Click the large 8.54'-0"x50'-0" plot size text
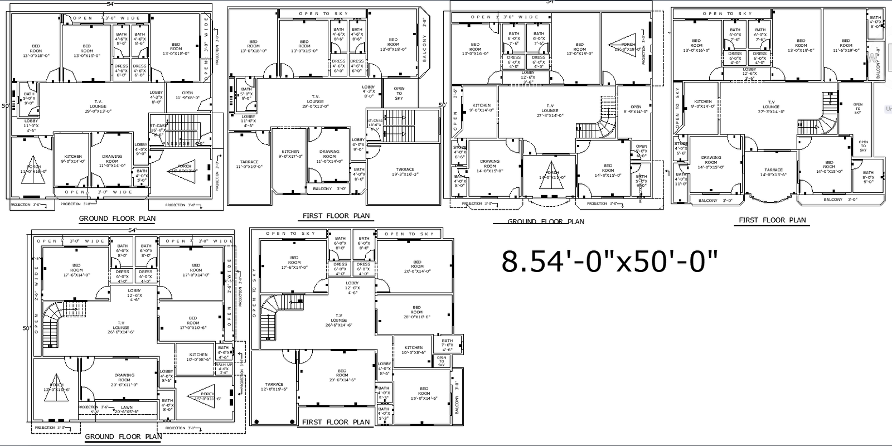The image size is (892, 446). (x=609, y=261)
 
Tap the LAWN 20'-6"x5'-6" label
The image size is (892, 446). (x=127, y=410)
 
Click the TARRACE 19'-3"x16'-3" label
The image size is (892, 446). (x=405, y=172)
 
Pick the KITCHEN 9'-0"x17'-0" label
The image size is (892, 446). (x=290, y=154)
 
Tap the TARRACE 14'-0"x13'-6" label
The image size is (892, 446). (x=773, y=172)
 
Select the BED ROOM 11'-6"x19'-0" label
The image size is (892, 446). (x=846, y=45)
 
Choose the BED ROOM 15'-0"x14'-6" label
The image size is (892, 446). (x=424, y=394)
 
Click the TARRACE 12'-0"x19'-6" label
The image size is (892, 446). (x=274, y=387)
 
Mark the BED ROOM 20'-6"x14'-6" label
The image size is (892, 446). (x=342, y=375)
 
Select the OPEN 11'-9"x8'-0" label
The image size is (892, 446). (x=187, y=95)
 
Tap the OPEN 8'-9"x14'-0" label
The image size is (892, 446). (x=636, y=109)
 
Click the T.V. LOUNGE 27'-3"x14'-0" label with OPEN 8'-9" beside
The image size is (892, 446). (x=550, y=110)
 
